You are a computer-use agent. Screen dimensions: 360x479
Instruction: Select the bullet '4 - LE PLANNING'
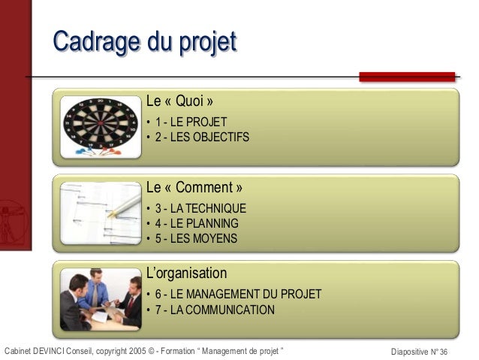click(197, 223)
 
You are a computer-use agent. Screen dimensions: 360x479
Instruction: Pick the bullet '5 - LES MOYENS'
click(195, 239)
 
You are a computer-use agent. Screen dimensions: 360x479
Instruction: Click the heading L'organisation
click(186, 272)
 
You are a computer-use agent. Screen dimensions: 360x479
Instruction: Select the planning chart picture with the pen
click(100, 213)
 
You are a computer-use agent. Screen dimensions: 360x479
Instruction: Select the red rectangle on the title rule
click(407, 77)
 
